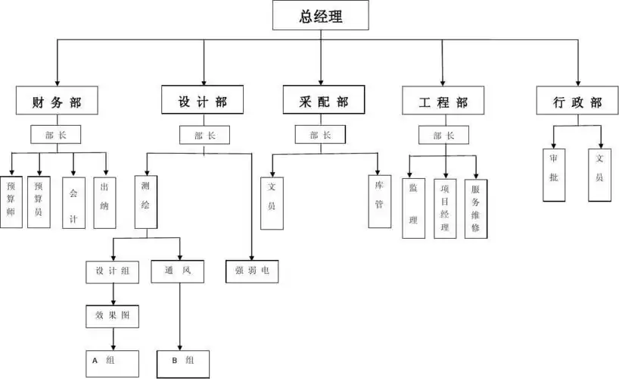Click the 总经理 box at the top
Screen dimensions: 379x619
pos(321,15)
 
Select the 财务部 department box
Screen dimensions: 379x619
pos(57,101)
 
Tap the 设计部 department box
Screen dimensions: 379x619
pos(203,101)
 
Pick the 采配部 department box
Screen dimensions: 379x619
pos(320,101)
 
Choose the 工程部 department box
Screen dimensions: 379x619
pos(443,101)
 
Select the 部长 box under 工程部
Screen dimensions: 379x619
pos(443,135)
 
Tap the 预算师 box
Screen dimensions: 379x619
pos(11,202)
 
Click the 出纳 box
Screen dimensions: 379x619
pos(104,202)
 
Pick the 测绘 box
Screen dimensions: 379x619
pos(146,202)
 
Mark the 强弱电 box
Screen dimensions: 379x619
pos(252,271)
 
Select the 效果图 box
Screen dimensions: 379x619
pos(112,315)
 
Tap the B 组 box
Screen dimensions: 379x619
pos(182,362)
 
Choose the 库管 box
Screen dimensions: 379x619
pos(379,202)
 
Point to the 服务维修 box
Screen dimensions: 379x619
pos(475,208)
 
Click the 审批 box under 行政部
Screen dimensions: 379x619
pos(554,174)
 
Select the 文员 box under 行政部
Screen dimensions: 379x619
pos(599,174)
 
